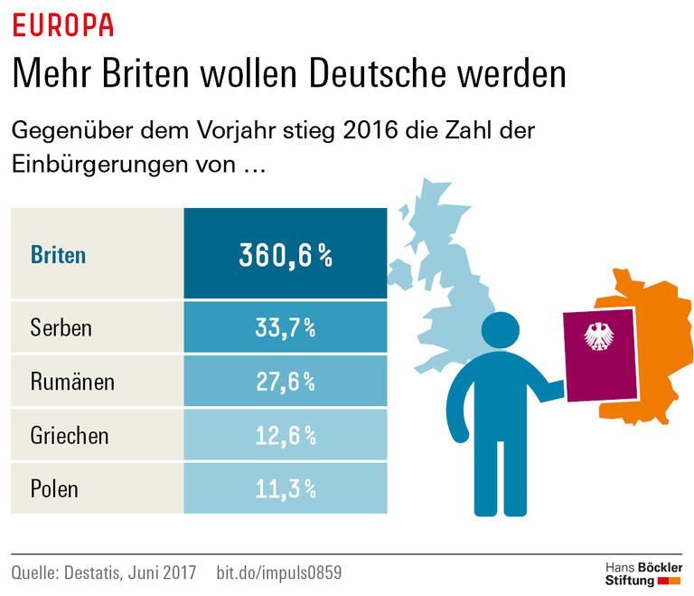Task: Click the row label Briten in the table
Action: [x=58, y=254]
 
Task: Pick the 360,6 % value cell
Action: [x=286, y=255]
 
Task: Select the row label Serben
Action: [x=61, y=326]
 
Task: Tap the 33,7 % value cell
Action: [x=286, y=327]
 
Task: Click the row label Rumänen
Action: [x=72, y=381]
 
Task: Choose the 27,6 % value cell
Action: [x=286, y=382]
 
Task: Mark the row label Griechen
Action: [x=70, y=435]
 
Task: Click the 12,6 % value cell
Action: [x=286, y=436]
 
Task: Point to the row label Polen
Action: [x=54, y=489]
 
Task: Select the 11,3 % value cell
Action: [x=286, y=489]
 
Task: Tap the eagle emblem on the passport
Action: [x=599, y=337]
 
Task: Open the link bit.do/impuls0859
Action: [x=279, y=573]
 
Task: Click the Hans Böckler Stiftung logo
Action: [x=642, y=573]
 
